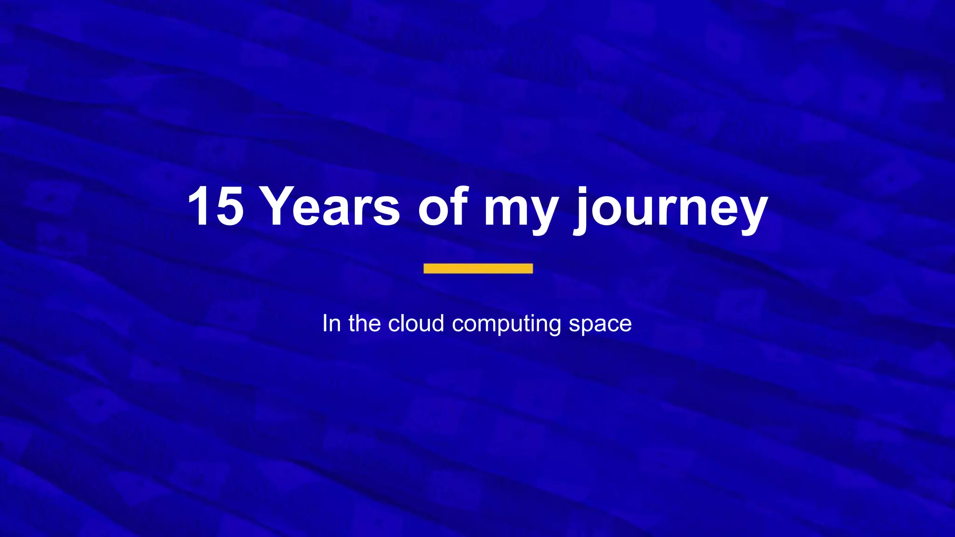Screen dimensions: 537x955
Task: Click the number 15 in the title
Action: tap(215, 206)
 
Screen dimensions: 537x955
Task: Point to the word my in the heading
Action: tap(520, 210)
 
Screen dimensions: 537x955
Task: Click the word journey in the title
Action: tap(671, 210)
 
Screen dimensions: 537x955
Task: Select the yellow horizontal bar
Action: tap(478, 268)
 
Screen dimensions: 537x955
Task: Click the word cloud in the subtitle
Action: tap(416, 323)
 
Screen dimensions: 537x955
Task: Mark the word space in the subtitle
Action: tap(600, 325)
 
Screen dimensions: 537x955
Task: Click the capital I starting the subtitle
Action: tap(325, 323)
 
